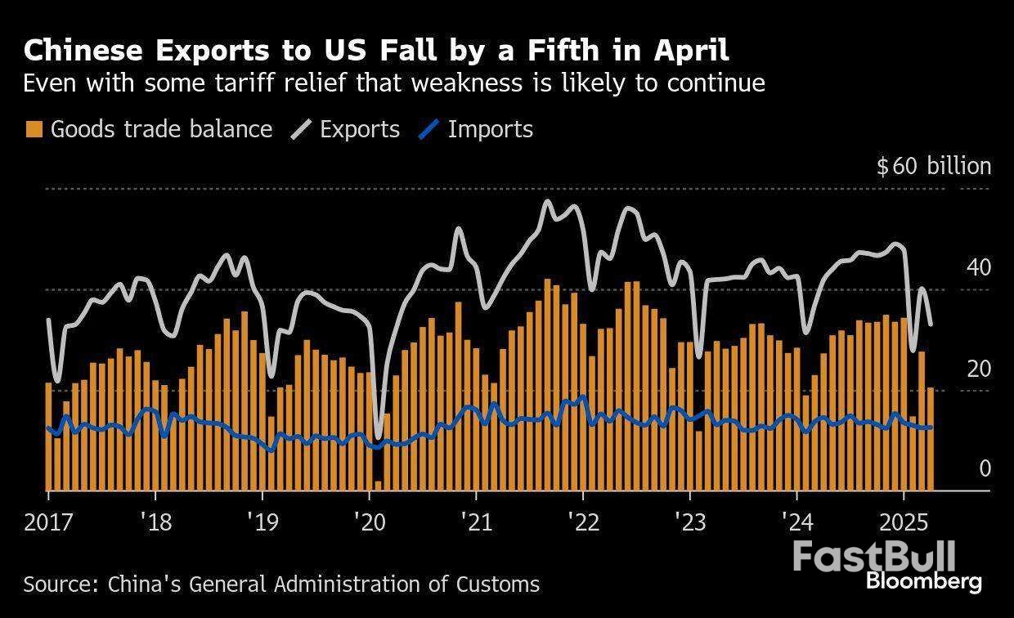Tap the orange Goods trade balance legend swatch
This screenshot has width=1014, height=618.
pos(34,129)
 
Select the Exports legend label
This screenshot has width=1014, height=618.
pos(360,129)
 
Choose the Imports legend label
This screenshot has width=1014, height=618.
pos(490,129)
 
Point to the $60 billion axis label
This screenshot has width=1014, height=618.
pos(933,167)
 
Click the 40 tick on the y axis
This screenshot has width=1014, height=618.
pos(978,268)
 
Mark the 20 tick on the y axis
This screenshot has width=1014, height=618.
pos(978,369)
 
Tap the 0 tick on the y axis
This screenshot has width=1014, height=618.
pos(985,469)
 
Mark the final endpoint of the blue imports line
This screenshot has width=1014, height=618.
pos(931,428)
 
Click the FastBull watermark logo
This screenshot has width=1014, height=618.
pos(873,557)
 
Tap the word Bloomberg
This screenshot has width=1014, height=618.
pos(923,582)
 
